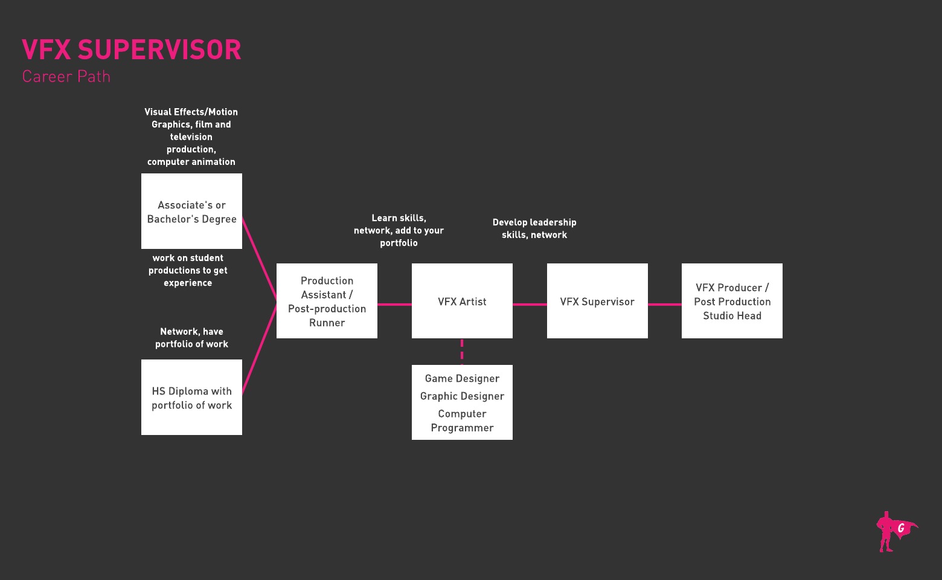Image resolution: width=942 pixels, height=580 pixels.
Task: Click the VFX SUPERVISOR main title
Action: click(x=132, y=50)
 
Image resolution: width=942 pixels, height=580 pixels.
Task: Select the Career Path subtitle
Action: click(x=66, y=77)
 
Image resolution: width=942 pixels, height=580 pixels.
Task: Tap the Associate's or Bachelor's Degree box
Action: click(x=191, y=211)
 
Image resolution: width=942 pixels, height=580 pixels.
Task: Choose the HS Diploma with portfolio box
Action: click(x=191, y=398)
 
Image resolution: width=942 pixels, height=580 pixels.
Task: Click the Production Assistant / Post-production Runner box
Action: click(x=327, y=301)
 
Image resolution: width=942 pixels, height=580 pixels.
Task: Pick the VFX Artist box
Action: click(x=462, y=301)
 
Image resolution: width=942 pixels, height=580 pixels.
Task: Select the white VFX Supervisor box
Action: click(x=597, y=301)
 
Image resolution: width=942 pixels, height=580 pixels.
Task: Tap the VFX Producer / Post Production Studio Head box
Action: click(x=732, y=301)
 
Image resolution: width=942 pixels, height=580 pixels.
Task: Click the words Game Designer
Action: click(x=462, y=379)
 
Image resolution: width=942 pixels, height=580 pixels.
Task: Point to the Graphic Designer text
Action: click(x=462, y=396)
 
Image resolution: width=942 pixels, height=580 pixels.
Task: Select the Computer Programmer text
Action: click(x=462, y=420)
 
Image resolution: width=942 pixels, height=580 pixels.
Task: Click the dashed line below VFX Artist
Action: click(x=462, y=351)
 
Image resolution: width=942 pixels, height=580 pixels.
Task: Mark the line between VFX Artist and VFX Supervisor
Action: click(x=530, y=304)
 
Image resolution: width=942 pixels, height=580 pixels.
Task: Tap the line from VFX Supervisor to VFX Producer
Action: click(x=665, y=304)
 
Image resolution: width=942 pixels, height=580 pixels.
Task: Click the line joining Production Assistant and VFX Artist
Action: click(x=394, y=304)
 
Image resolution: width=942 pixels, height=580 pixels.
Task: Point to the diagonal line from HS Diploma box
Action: click(x=260, y=347)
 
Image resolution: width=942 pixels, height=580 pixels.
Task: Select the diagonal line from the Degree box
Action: click(x=260, y=259)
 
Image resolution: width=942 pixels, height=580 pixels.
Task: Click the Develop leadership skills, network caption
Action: click(x=534, y=228)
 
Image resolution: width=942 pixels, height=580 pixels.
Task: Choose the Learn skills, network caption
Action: click(x=399, y=230)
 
